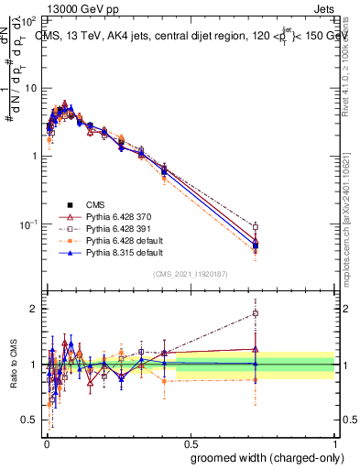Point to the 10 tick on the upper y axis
[30, 88]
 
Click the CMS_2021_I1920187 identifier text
[190, 274]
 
